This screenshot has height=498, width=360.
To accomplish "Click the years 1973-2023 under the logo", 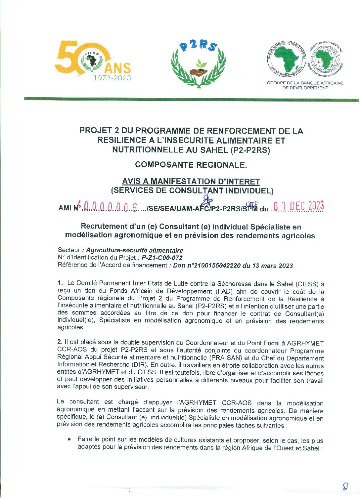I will [112, 78].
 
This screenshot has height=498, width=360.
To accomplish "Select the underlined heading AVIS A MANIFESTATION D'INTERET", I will [191, 182].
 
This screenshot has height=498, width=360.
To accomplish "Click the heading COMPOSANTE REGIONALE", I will [191, 165].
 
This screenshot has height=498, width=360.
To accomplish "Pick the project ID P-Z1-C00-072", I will [162, 258].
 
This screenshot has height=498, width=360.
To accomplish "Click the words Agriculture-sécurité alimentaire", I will [134, 250].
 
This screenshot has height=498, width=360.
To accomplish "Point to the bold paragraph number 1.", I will [60, 283].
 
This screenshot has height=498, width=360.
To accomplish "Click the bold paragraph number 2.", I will [60, 342].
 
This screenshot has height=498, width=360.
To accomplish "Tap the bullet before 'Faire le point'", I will [69, 439].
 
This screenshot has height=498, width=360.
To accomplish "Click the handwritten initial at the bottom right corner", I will [345, 486].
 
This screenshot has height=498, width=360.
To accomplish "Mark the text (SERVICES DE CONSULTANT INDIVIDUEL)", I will [192, 190].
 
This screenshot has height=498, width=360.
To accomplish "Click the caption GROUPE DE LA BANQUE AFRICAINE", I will [305, 83].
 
